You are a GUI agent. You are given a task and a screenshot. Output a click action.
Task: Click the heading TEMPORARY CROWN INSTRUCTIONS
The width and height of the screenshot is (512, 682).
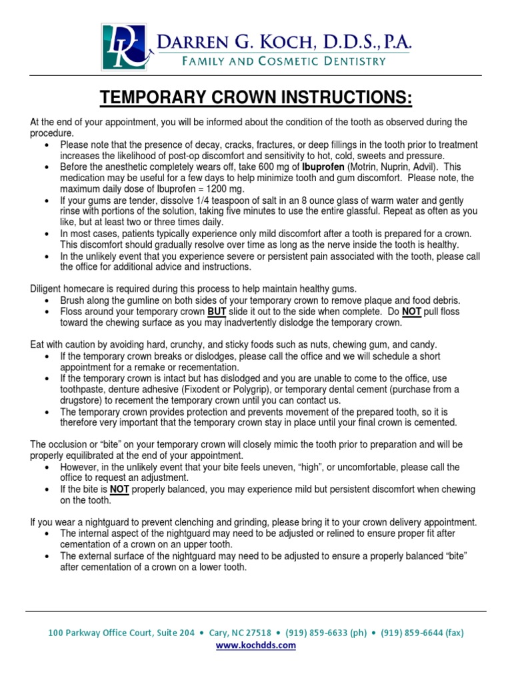pos(256,99)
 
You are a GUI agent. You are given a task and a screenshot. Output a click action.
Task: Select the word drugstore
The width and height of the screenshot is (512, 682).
pos(83,400)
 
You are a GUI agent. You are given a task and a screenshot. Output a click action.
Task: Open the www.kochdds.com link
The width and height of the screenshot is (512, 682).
pos(256,645)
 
